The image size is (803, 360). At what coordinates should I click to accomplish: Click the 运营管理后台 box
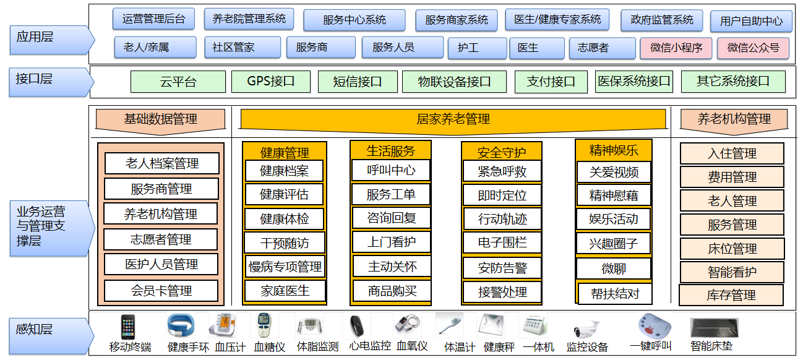pyautogui.click(x=154, y=19)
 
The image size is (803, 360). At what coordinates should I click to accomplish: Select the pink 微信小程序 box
pyautogui.click(x=676, y=48)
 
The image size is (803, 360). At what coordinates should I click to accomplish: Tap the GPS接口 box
pyautogui.click(x=271, y=82)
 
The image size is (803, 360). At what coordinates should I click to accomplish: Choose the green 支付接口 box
pyautogui.click(x=551, y=82)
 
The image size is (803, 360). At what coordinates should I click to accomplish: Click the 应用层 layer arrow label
pyautogui.click(x=52, y=40)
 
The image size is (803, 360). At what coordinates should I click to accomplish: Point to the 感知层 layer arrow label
pyautogui.click(x=52, y=336)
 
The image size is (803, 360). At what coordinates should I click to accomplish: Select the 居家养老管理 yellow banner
pyautogui.click(x=453, y=121)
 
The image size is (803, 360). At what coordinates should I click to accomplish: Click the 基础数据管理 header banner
pyautogui.click(x=161, y=121)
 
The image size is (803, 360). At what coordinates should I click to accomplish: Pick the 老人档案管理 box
pyautogui.click(x=162, y=163)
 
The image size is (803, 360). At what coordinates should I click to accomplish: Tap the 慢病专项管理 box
pyautogui.click(x=285, y=267)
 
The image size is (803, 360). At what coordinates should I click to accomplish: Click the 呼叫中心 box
pyautogui.click(x=391, y=170)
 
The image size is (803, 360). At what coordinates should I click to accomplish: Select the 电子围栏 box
pyautogui.click(x=502, y=242)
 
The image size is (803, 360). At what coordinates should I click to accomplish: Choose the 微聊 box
pyautogui.click(x=614, y=268)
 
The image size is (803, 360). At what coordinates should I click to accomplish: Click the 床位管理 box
pyautogui.click(x=732, y=249)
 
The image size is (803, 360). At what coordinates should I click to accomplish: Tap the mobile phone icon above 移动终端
pyautogui.click(x=127, y=327)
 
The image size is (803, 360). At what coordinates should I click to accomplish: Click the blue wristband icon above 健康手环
pyautogui.click(x=181, y=325)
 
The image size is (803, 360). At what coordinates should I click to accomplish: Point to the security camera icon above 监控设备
pyautogui.click(x=586, y=329)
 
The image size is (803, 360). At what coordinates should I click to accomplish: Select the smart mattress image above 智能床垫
pyautogui.click(x=714, y=328)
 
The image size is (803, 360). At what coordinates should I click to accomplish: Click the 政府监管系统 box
pyautogui.click(x=662, y=20)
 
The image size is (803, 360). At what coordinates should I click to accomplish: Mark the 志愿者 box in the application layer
pyautogui.click(x=603, y=48)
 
